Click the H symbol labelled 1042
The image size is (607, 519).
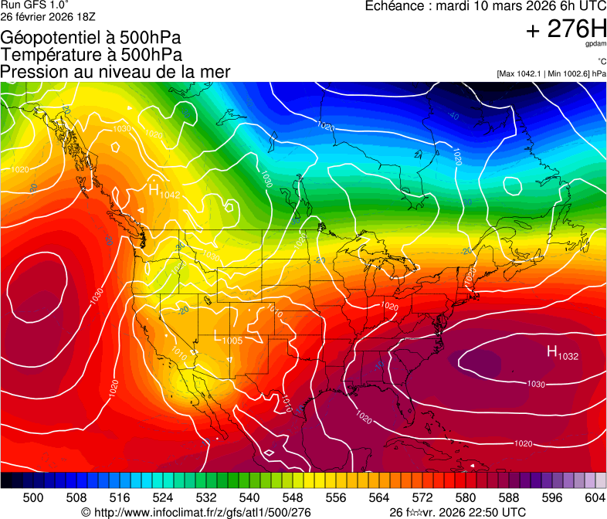click(154, 188)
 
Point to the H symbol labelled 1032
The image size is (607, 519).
click(552, 352)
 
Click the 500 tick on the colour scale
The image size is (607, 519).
click(33, 497)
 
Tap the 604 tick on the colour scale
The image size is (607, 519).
click(595, 497)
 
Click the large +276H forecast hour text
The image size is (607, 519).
click(566, 29)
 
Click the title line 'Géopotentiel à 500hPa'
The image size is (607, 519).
click(92, 38)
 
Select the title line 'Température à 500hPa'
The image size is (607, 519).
click(91, 55)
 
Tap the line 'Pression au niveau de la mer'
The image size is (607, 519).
click(115, 72)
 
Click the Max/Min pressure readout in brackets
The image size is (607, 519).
click(551, 73)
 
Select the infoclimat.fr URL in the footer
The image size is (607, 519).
click(196, 512)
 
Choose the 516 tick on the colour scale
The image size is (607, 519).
click(120, 497)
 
